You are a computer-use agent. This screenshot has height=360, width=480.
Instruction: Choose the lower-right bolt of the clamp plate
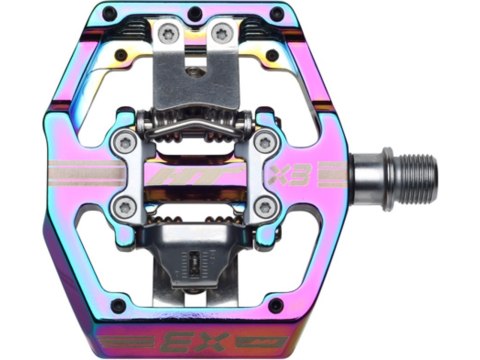263,207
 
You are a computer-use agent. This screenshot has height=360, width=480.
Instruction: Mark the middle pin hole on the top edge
195,12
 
